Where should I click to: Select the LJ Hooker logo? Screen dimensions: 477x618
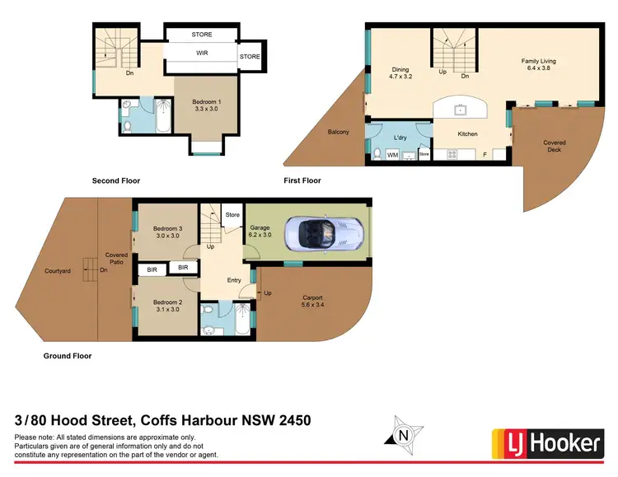(x=545, y=442)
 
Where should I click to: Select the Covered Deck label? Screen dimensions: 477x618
(x=555, y=147)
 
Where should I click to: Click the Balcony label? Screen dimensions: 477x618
(x=339, y=132)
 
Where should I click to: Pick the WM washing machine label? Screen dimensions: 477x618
(x=393, y=153)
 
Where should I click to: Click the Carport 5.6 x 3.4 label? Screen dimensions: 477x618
(x=312, y=302)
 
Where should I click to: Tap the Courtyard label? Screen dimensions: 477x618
(x=57, y=270)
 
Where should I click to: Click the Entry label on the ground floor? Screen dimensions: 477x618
(x=234, y=280)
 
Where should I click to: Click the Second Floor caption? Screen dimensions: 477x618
(x=115, y=180)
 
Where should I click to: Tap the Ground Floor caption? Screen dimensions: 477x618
(x=68, y=356)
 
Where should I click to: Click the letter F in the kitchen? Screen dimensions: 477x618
(x=485, y=154)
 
